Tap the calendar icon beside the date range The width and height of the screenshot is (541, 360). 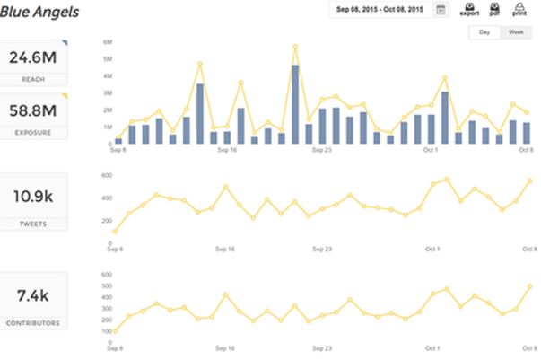tap(441, 10)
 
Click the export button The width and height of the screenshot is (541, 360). tap(468, 10)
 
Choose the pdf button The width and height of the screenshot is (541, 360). tap(495, 10)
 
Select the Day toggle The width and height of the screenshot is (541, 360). tap(484, 32)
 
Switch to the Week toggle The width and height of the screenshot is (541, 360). tap(515, 32)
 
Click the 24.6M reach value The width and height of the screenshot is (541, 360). tap(34, 58)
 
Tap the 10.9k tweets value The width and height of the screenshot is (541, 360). tap(34, 196)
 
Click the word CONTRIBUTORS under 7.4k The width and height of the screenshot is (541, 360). tap(35, 320)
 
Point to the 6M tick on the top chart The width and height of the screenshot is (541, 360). tap(107, 42)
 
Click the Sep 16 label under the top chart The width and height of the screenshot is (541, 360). tap(225, 150)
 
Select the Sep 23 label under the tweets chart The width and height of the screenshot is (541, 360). tap(322, 249)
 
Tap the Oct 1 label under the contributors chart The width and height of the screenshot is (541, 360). tap(432, 347)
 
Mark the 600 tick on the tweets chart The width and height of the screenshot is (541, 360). tap(105, 174)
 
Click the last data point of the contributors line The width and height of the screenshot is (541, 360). tap(528, 287)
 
